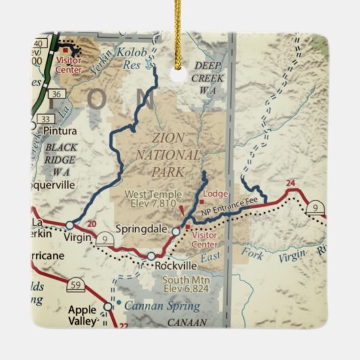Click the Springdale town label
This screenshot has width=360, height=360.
click(x=141, y=230)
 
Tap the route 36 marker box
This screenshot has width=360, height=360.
click(x=58, y=93)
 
